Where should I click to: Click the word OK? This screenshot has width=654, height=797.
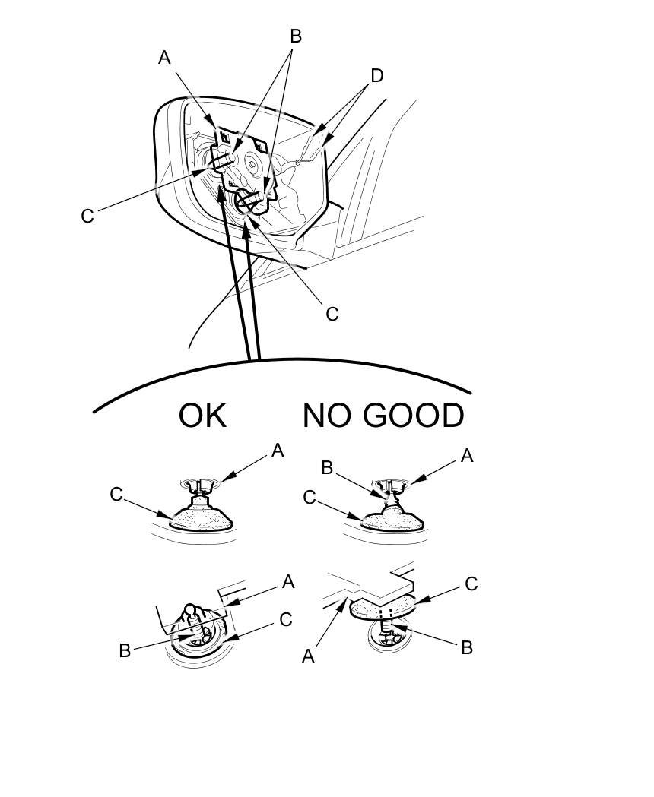click(x=202, y=416)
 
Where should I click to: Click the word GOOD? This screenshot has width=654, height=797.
click(x=413, y=416)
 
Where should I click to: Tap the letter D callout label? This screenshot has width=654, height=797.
click(x=376, y=75)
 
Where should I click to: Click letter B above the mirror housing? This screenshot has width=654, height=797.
click(x=296, y=36)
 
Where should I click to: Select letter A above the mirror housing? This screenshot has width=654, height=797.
click(x=164, y=57)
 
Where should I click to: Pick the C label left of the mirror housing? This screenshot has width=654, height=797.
click(x=87, y=217)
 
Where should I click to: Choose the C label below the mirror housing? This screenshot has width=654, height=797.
click(x=332, y=314)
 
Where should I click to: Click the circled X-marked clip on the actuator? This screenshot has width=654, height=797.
click(x=246, y=201)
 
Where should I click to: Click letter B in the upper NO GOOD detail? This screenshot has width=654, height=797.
click(x=327, y=468)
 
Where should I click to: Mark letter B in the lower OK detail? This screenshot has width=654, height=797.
click(x=125, y=650)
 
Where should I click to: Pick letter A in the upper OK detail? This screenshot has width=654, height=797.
click(x=278, y=451)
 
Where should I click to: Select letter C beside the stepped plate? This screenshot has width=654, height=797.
click(x=471, y=584)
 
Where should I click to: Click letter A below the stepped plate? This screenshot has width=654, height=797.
click(x=308, y=656)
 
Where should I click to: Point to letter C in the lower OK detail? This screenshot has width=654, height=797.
click(x=286, y=619)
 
